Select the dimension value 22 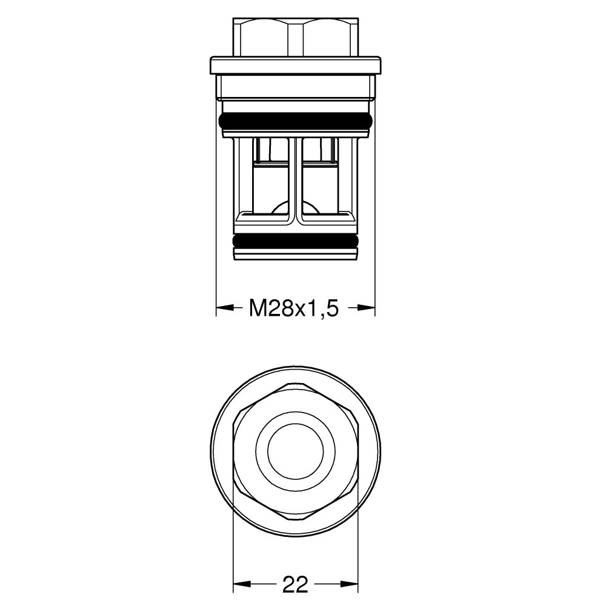[x=295, y=584]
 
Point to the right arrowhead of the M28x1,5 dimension [x=367, y=308]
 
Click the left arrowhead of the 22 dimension [x=241, y=585]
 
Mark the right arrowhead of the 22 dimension [x=350, y=585]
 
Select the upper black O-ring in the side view [x=295, y=121]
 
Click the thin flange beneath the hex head [x=295, y=65]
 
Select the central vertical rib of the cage [x=295, y=182]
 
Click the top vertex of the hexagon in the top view [x=295, y=383]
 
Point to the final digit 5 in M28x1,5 [x=330, y=308]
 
